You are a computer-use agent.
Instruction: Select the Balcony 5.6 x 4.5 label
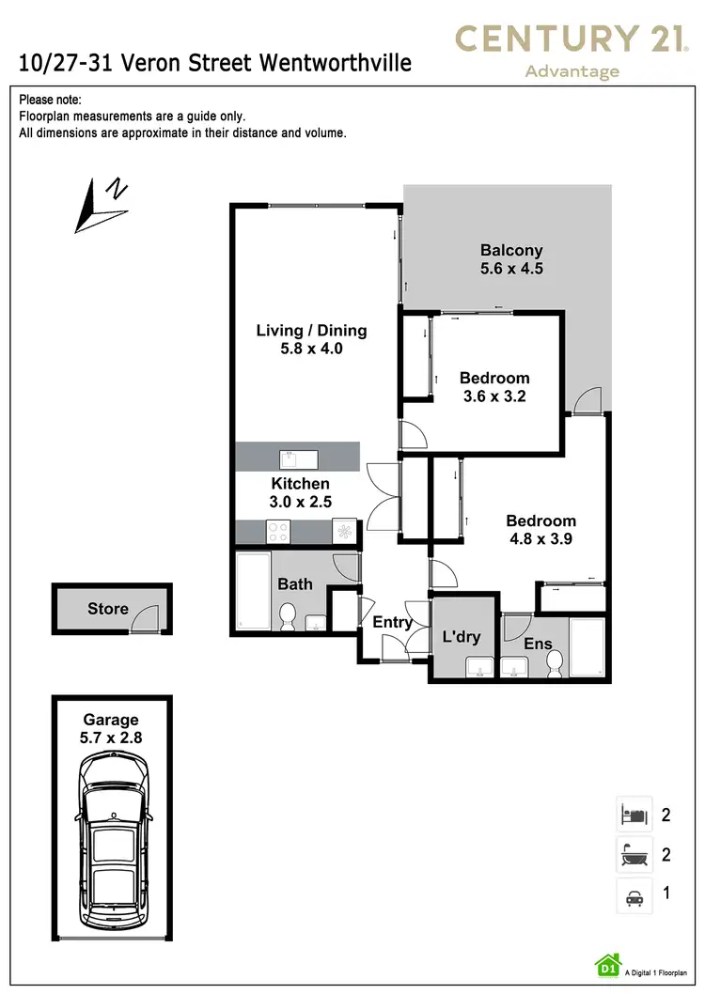click(511, 259)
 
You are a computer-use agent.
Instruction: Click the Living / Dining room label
click(311, 339)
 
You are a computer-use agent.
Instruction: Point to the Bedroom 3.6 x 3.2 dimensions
click(493, 396)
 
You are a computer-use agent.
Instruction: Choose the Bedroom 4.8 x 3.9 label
click(540, 530)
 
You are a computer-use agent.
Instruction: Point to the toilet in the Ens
click(555, 663)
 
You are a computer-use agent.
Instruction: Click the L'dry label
click(462, 637)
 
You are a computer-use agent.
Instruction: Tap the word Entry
click(392, 622)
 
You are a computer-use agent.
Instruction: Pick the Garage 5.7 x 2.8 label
click(112, 729)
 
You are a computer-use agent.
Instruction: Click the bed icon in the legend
click(632, 814)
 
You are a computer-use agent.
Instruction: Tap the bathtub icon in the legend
click(632, 854)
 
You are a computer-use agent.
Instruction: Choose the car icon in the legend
click(632, 894)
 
